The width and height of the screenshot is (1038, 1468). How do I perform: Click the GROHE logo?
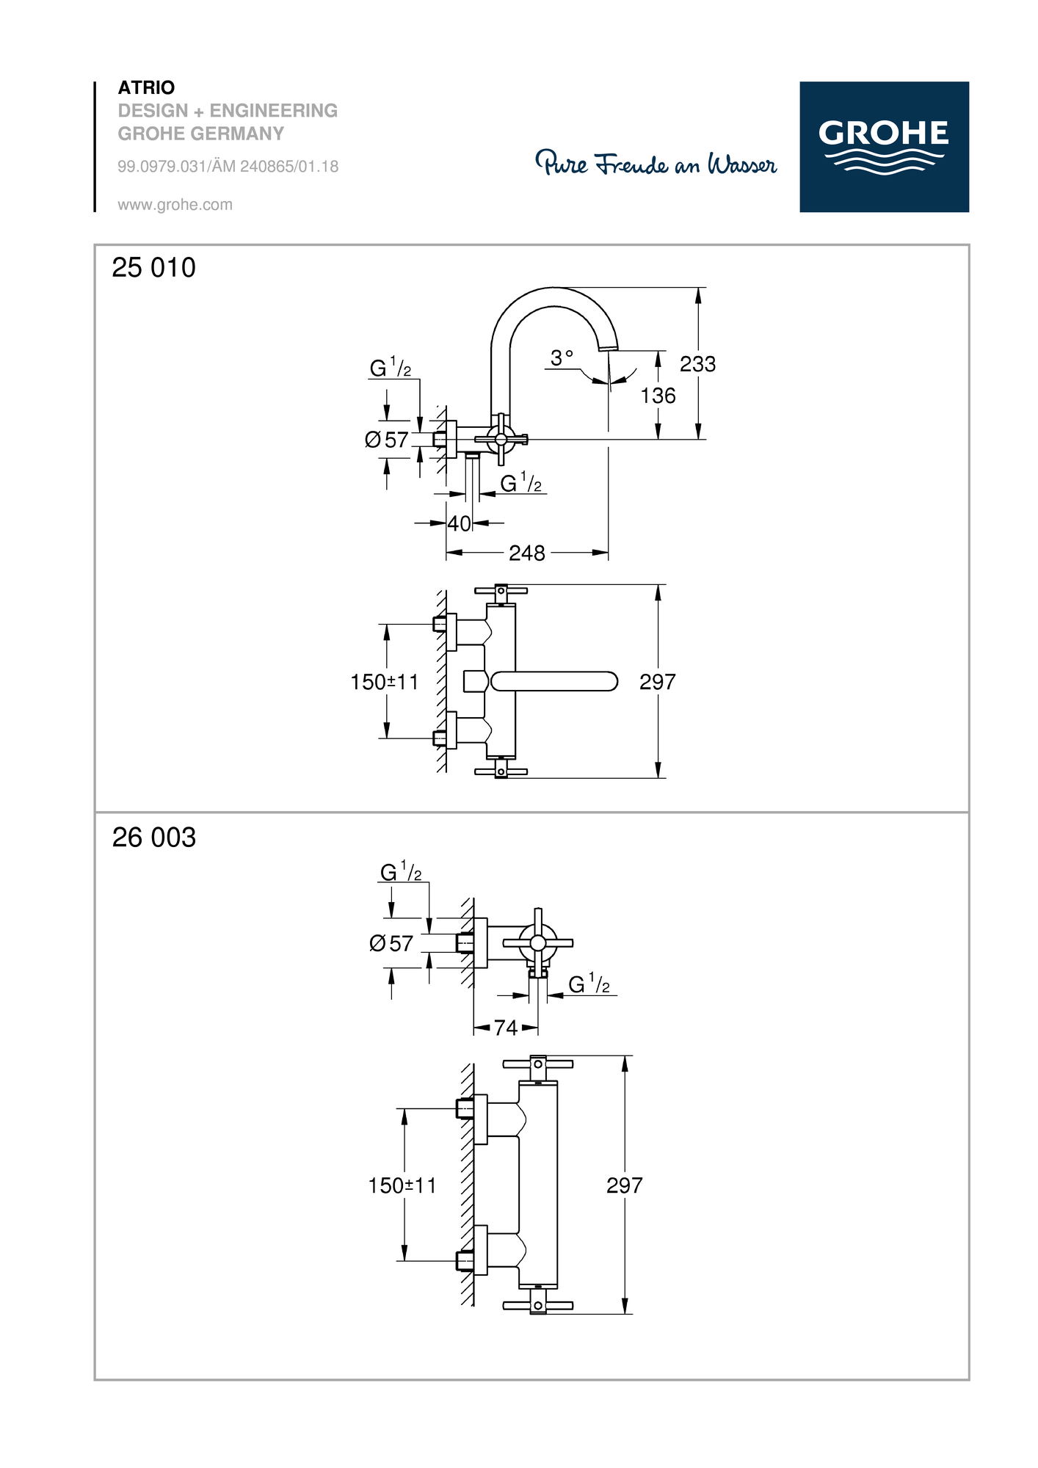pos(884,147)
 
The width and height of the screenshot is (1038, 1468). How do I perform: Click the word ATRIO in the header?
pos(147,88)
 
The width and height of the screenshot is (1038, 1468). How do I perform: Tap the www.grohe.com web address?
pos(175,205)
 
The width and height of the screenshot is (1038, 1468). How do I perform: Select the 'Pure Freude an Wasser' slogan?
pos(656,163)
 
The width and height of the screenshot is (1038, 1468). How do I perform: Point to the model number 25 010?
pos(154,268)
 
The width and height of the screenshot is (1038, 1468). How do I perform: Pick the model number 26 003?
pos(154,837)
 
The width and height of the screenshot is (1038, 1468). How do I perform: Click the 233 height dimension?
pos(697,364)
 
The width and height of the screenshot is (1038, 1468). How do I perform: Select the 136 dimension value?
pos(658,396)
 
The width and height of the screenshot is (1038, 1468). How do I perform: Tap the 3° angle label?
pos(562,358)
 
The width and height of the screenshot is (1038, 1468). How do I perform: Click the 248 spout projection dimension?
pos(527,553)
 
